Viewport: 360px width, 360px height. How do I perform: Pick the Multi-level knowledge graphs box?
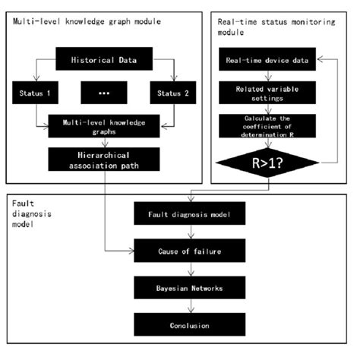coord(104,127)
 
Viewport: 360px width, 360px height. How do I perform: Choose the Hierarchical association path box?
coord(104,159)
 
